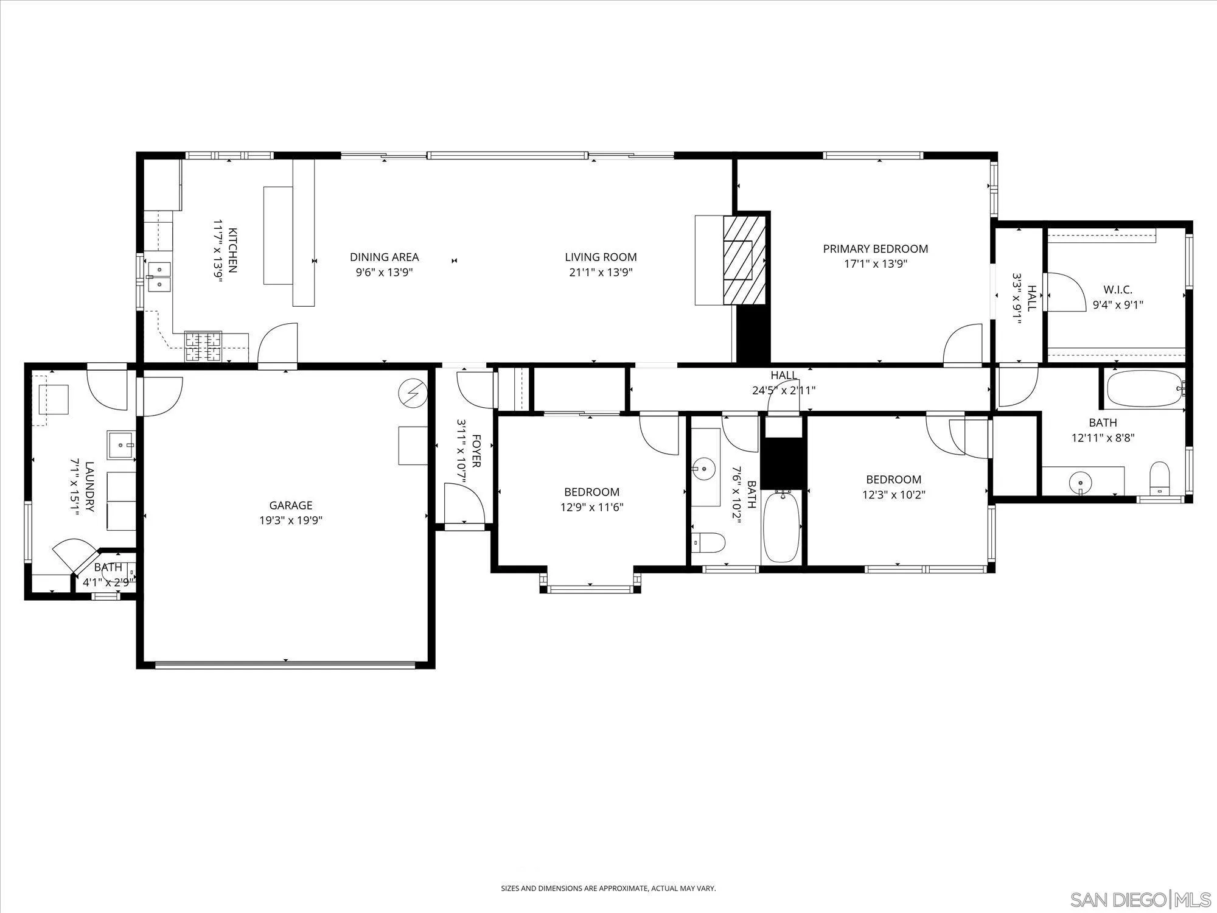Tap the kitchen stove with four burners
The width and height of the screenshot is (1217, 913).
click(203, 347)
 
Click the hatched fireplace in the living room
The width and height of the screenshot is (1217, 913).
click(744, 259)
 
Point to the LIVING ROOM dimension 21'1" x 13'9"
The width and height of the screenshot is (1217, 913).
click(601, 272)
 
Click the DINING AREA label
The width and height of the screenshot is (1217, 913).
click(384, 257)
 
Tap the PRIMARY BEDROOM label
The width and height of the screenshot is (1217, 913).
click(875, 248)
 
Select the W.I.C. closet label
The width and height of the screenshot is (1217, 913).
click(1117, 290)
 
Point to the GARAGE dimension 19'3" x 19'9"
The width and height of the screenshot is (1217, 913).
click(291, 520)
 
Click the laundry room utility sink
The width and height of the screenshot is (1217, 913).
click(121, 446)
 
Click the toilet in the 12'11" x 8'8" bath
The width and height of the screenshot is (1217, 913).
click(1160, 478)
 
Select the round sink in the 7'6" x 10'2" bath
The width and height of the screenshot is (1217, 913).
click(705, 469)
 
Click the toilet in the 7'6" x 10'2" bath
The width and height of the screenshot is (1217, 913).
click(708, 541)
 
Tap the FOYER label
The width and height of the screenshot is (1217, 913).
click(476, 450)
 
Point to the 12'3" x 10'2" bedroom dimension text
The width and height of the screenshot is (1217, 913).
click(893, 495)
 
